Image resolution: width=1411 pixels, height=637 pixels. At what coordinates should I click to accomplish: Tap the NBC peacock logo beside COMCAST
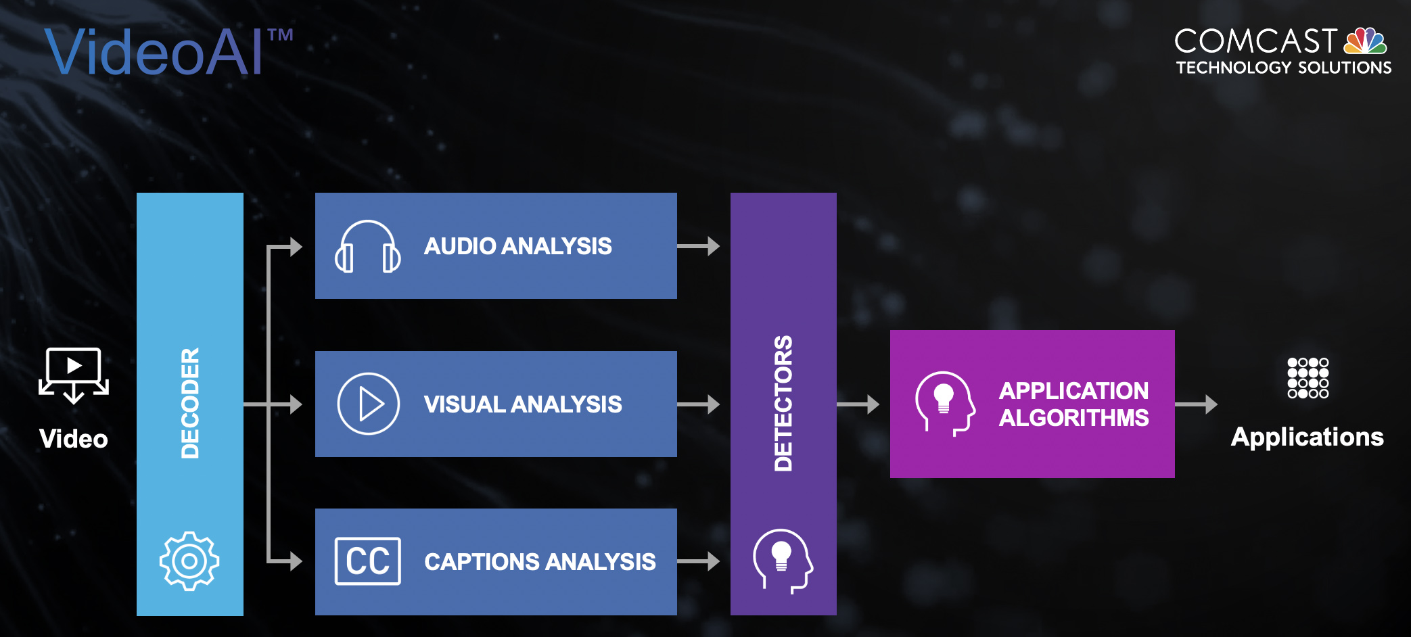coord(1364,41)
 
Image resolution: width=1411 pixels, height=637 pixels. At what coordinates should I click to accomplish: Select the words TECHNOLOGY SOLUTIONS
coord(1283,68)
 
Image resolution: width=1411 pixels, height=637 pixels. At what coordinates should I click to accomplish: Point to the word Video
coord(74,439)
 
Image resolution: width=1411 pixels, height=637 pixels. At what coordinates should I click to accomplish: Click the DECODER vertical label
coord(190,403)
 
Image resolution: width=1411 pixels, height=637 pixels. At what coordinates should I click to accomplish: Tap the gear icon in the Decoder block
coord(189,561)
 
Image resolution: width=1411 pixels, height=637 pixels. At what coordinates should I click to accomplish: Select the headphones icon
coord(367,247)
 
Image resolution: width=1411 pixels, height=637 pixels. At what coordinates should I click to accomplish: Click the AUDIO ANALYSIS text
coord(517,246)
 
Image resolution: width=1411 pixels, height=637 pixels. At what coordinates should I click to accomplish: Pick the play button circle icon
coord(368,404)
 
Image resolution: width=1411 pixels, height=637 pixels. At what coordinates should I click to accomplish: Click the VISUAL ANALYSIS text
coord(522,404)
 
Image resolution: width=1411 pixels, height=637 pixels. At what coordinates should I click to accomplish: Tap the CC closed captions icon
coord(367,561)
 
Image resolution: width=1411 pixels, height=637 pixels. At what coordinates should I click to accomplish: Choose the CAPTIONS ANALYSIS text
coord(539,562)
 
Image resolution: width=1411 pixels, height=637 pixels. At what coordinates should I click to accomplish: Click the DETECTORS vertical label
coord(783,403)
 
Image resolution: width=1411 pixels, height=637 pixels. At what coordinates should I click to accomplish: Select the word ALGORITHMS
coord(1073,418)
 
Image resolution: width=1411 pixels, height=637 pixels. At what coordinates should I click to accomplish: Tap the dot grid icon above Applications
coord(1308,378)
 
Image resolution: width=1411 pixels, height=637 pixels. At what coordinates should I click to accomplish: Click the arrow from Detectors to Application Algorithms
coord(858,404)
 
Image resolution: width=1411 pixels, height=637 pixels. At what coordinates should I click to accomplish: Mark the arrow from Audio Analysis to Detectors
coord(698,246)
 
